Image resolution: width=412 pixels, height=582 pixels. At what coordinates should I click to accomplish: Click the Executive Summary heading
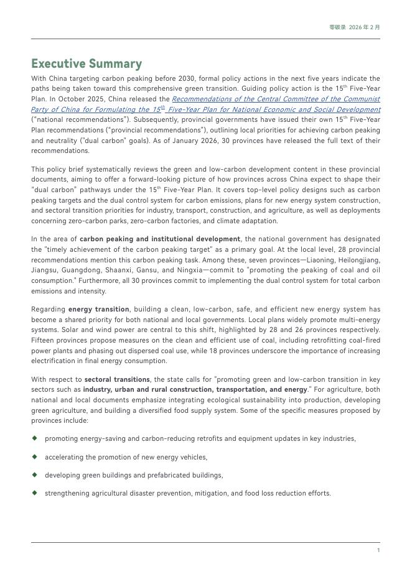point(87,64)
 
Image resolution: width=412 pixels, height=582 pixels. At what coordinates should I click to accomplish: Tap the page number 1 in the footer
point(378,550)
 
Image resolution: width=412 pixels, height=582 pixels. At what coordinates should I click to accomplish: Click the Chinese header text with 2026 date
point(355,27)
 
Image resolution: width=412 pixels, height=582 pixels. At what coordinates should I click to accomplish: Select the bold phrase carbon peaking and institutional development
point(160,239)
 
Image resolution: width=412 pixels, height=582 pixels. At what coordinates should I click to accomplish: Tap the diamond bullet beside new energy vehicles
point(35,457)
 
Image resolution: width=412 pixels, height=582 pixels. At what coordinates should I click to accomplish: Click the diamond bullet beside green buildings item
point(35,475)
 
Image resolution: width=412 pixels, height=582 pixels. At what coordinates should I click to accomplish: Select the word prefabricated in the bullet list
point(174,476)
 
